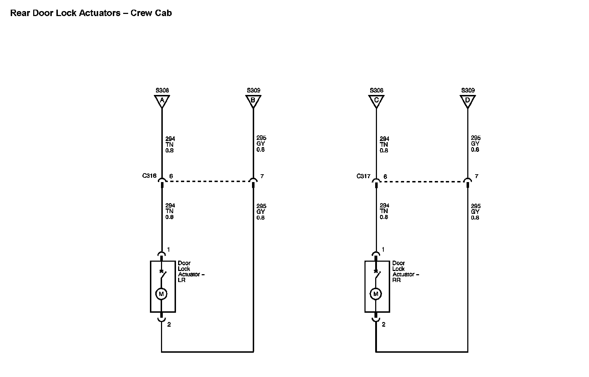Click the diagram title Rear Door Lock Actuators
(91, 13)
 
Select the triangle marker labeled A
(162, 101)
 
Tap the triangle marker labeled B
(253, 101)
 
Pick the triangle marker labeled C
(376, 101)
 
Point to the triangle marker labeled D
(468, 101)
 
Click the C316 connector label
(149, 176)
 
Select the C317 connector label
(363, 176)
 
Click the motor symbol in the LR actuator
(161, 294)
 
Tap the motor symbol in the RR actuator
(376, 294)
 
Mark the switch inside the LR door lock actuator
(162, 275)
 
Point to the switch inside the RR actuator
(377, 275)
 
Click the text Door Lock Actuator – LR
(191, 272)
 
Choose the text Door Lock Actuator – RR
(405, 272)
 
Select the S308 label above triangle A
(162, 90)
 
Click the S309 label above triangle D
(468, 90)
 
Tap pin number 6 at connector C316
(171, 176)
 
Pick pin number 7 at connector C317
(477, 176)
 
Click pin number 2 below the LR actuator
(169, 325)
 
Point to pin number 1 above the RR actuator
(383, 250)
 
